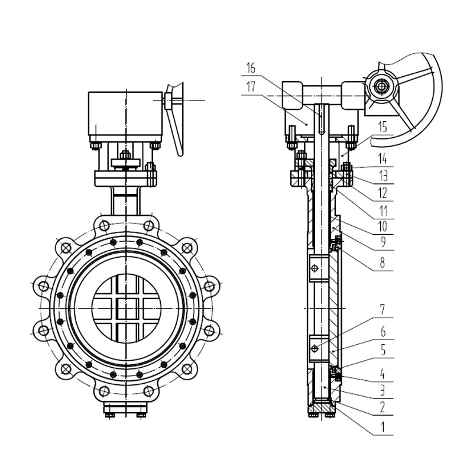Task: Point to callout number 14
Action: (x=383, y=159)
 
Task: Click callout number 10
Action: (x=383, y=225)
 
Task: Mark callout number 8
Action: (x=383, y=263)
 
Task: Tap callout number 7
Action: (x=383, y=309)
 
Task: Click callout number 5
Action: (x=383, y=350)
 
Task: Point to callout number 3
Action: (x=383, y=391)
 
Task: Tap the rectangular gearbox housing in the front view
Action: (x=125, y=115)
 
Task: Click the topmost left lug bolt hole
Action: (x=104, y=226)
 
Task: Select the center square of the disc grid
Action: (x=126, y=309)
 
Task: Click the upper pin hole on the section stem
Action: (x=316, y=269)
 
